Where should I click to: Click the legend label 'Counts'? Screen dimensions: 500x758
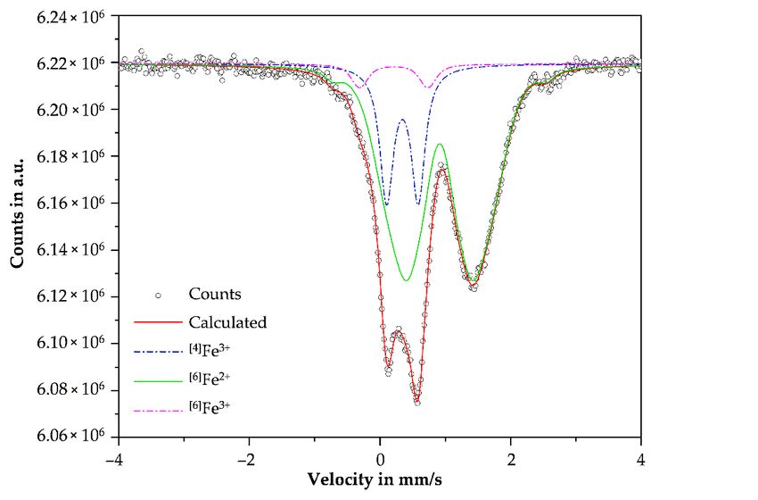click(x=214, y=293)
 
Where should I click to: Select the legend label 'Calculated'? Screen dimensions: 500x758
click(x=227, y=321)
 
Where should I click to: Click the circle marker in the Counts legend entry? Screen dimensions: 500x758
click(x=158, y=294)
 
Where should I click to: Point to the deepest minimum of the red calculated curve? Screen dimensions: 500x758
click(x=416, y=403)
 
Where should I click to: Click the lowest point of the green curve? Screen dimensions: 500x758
click(x=407, y=280)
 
